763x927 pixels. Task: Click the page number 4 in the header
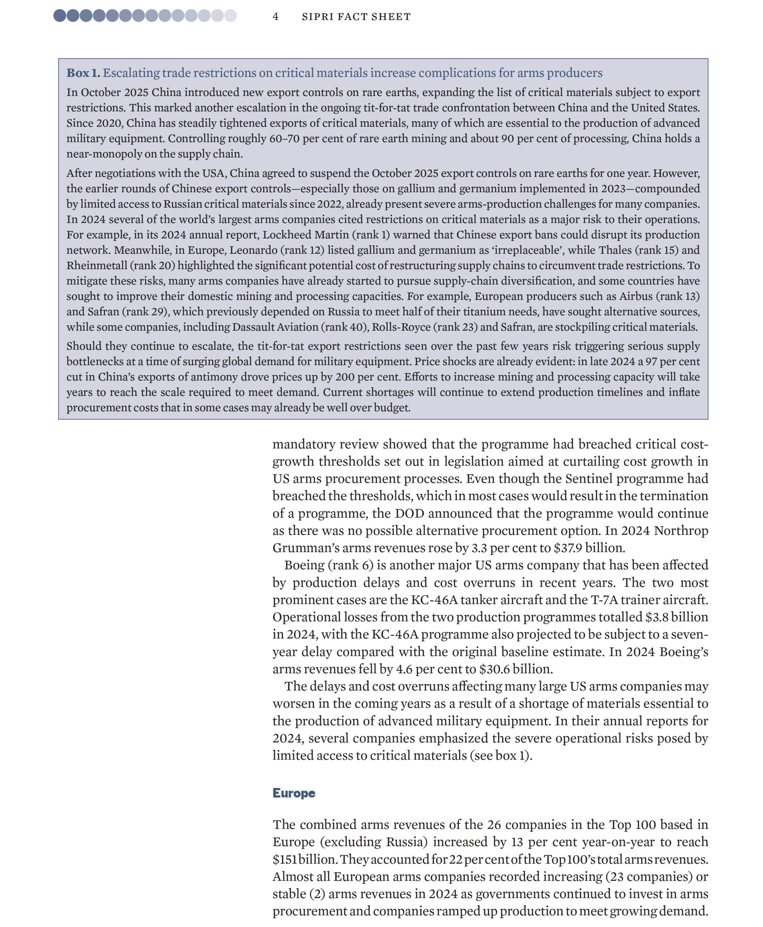pos(276,17)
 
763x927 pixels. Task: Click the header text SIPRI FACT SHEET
pos(356,17)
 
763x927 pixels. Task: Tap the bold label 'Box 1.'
pos(83,73)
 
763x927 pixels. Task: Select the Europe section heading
pos(294,793)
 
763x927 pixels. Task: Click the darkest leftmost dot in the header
pos(60,16)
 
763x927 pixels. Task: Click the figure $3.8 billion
pos(676,617)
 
